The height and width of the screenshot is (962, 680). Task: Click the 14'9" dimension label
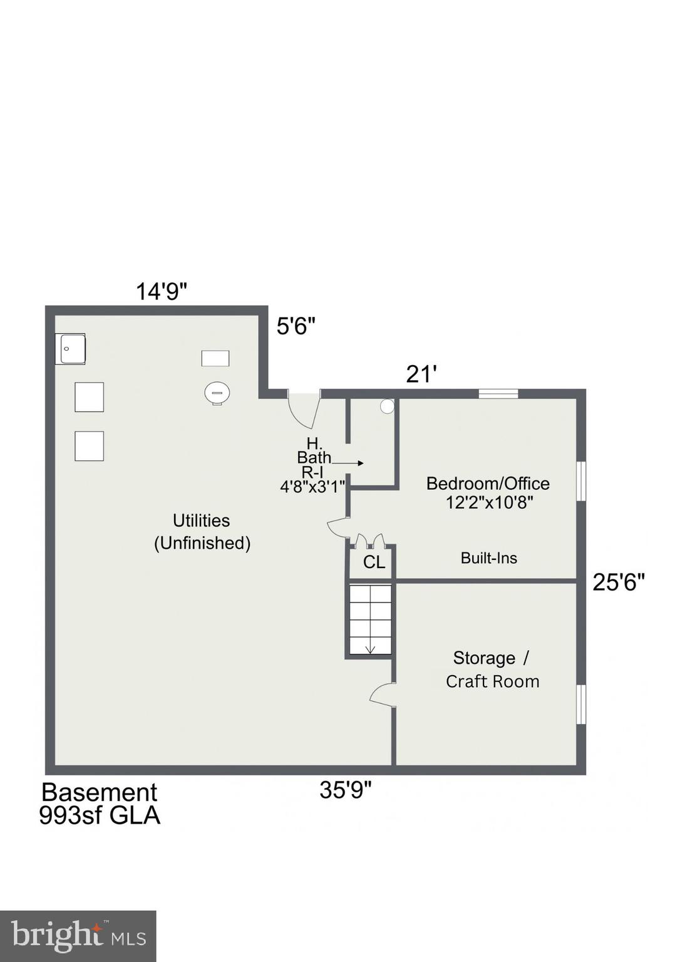[x=162, y=291]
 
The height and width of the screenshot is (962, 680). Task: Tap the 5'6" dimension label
[x=296, y=326]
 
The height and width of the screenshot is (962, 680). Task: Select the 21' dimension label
[x=421, y=375]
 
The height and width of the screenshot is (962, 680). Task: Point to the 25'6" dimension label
[x=619, y=582]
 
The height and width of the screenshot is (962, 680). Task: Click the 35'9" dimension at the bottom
[x=345, y=790]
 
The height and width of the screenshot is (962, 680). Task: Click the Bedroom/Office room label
[x=488, y=484]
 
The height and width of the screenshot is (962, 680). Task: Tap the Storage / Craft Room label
[x=492, y=670]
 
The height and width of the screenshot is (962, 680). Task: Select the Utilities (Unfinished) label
[x=202, y=531]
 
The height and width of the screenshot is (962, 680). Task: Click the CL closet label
[x=374, y=562]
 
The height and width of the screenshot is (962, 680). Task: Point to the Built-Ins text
[x=488, y=558]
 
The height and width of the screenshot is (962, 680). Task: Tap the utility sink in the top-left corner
[x=70, y=349]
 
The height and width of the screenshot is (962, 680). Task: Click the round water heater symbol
[x=217, y=393]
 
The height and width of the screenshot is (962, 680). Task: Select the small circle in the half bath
[x=387, y=406]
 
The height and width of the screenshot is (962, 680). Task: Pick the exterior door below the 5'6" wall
[x=304, y=408]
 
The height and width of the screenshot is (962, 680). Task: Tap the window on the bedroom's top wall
[x=498, y=393]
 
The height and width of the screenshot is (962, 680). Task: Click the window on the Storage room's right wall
[x=581, y=705]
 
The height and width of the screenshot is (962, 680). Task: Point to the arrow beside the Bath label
[x=348, y=463]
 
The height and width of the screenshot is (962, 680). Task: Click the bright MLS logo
[x=78, y=936]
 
